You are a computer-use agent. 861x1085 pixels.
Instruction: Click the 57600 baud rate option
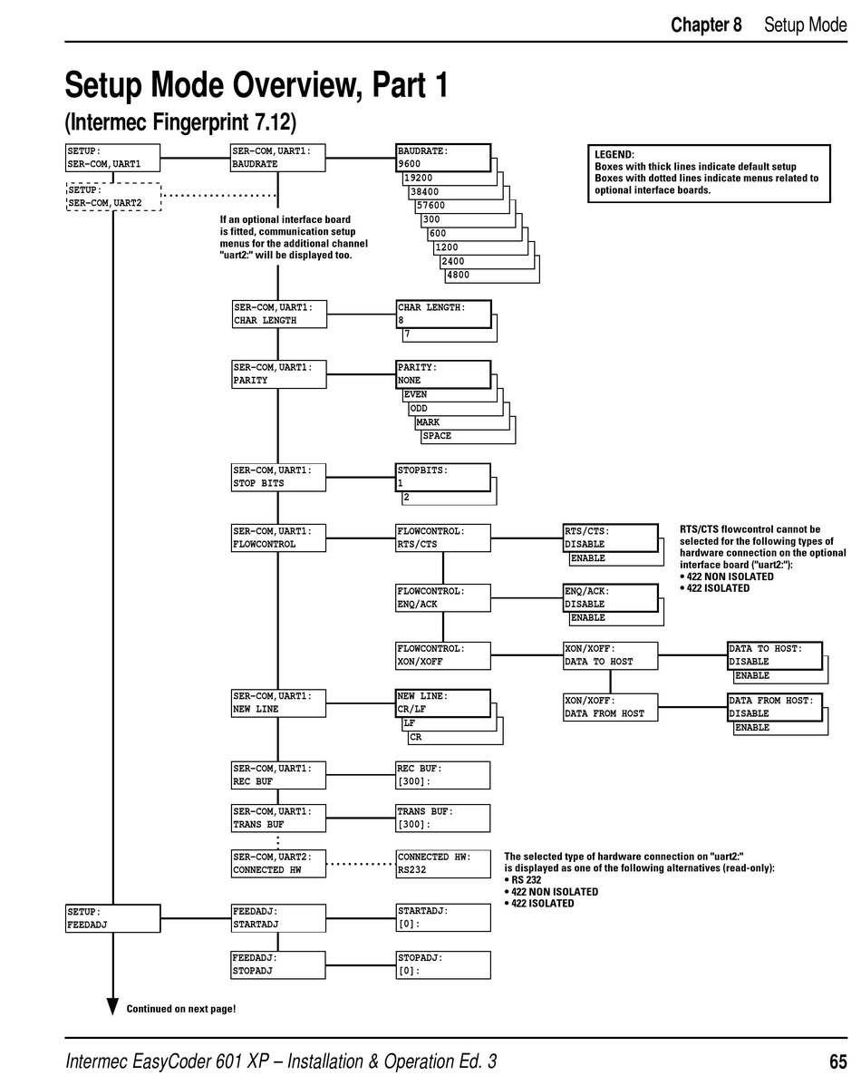431,206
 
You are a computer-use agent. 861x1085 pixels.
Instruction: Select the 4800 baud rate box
460,275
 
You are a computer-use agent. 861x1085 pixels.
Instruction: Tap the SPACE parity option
437,436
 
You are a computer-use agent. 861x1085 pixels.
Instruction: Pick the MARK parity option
428,422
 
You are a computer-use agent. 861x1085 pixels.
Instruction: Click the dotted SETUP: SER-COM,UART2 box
113,196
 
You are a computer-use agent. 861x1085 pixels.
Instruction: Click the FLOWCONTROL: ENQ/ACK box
443,597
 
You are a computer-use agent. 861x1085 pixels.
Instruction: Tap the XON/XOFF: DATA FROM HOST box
610,707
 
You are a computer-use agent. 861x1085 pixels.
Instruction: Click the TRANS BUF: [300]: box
443,818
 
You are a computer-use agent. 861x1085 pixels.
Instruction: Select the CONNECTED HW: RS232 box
443,863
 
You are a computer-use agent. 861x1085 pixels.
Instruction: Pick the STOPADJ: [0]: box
443,964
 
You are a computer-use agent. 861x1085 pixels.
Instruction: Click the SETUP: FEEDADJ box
113,918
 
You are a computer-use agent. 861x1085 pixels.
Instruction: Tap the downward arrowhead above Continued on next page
113,1006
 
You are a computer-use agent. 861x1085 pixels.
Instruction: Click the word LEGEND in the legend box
614,155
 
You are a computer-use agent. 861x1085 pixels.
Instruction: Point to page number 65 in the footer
837,1061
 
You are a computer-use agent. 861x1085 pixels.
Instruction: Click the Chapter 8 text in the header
706,24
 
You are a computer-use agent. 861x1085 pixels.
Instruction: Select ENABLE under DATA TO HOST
752,676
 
